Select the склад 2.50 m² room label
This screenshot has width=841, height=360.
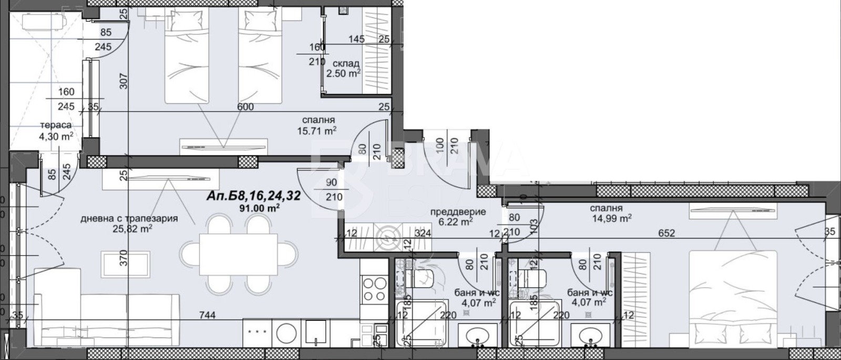pos(343,69)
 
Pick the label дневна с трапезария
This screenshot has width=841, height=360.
pos(129,218)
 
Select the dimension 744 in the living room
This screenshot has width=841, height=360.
pos(207,315)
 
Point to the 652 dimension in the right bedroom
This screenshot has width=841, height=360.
pos(666,233)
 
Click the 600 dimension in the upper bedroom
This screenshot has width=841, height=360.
pos(245,107)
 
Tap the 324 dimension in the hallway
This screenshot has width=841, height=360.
pos(423,233)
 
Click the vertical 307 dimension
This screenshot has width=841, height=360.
pos(124,80)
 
